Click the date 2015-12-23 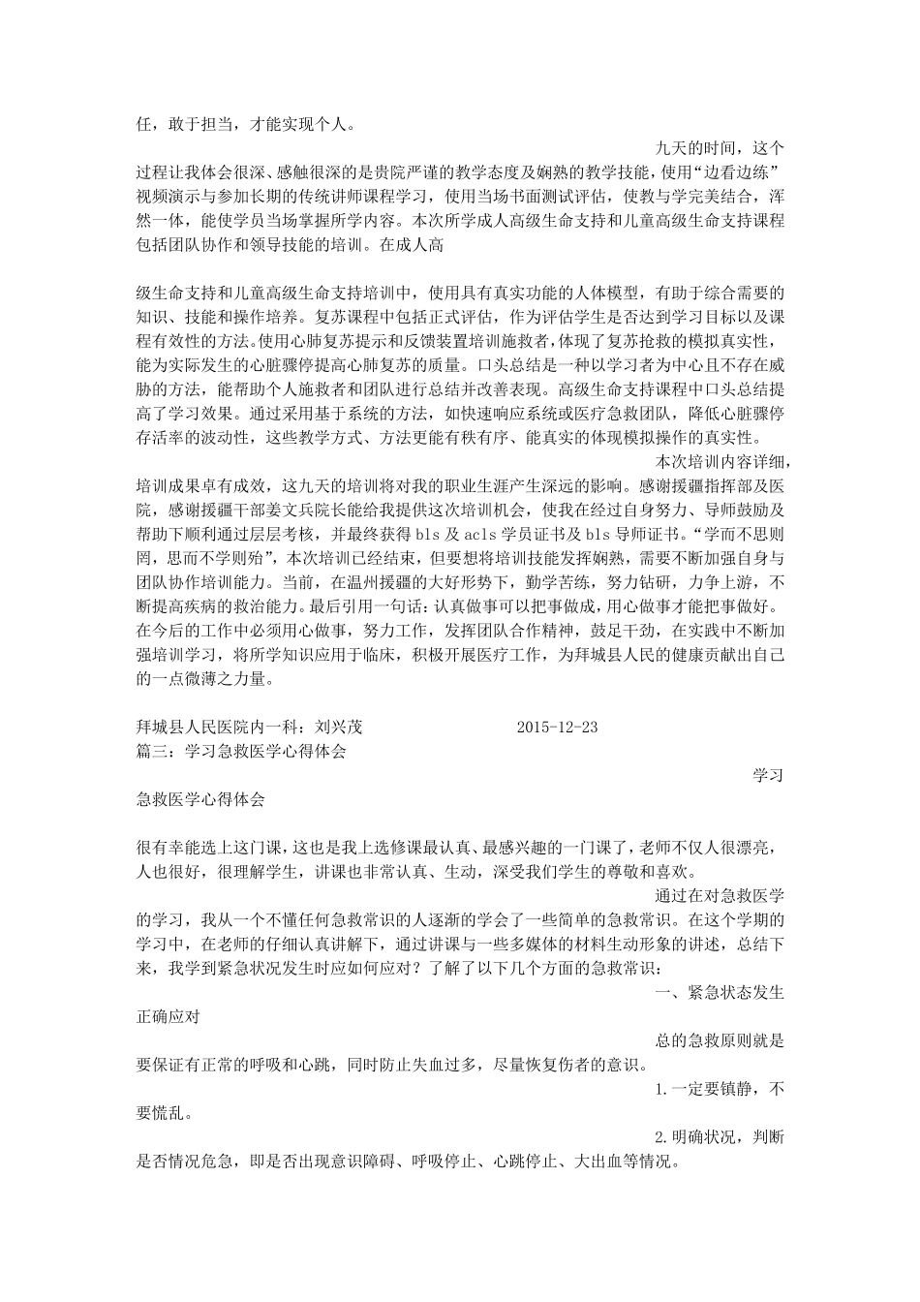[x=558, y=728]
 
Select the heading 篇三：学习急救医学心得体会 [x=242, y=751]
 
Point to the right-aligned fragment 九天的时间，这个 [x=720, y=148]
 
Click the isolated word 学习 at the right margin [x=768, y=775]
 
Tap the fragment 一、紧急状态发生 [x=720, y=993]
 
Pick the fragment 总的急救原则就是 [x=720, y=1040]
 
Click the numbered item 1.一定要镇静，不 [x=720, y=1089]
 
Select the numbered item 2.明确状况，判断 [x=720, y=1136]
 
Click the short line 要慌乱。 [x=166, y=1113]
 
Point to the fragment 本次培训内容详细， [x=721, y=461]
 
